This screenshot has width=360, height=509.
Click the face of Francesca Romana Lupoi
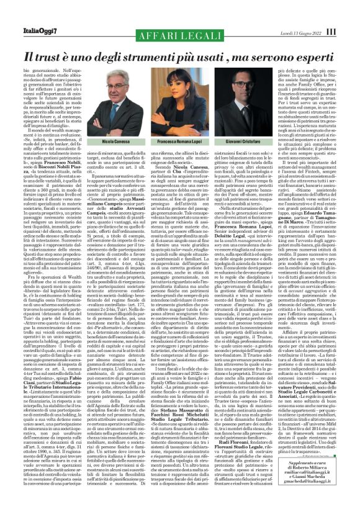tap(178, 80)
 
